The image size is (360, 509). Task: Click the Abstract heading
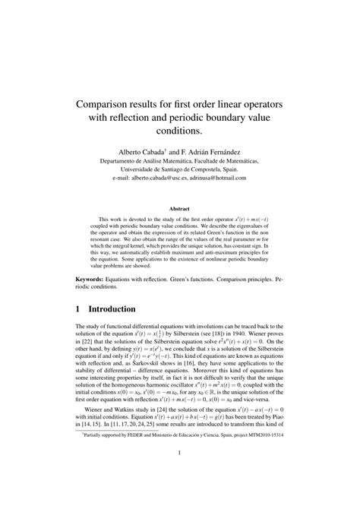click(x=179, y=207)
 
